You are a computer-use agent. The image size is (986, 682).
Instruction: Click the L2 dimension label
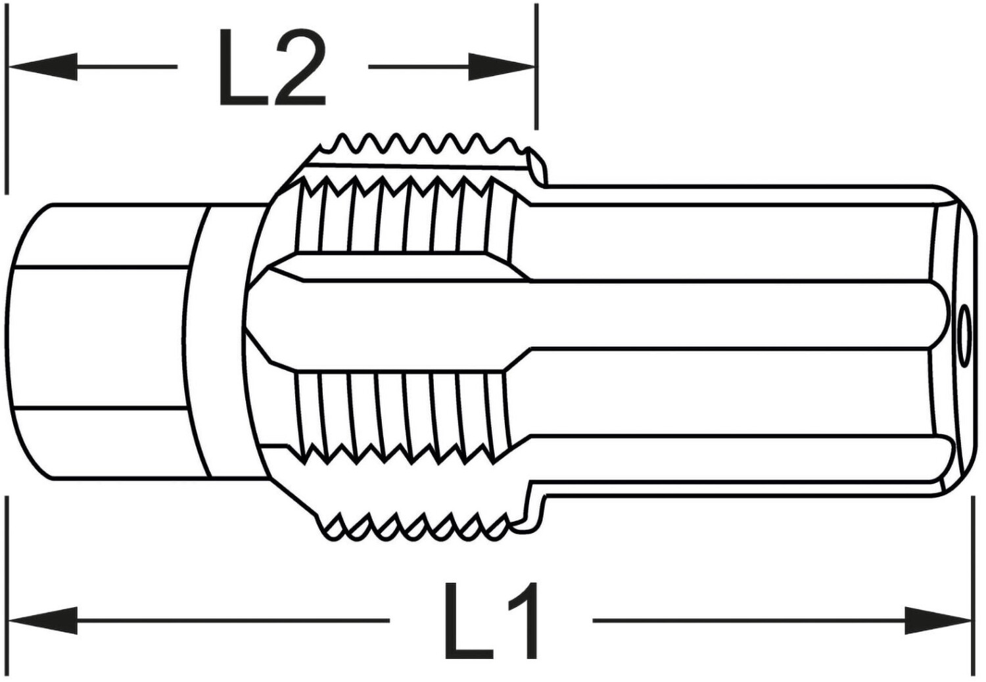tap(273, 67)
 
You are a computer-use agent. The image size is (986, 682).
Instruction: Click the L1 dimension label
tap(492, 620)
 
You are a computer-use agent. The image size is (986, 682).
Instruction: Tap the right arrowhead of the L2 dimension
tap(502, 67)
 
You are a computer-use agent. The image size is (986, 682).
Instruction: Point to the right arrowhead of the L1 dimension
tap(938, 620)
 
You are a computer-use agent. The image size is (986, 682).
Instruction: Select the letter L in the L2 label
tap(244, 67)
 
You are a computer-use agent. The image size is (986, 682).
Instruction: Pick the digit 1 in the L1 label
tap(523, 620)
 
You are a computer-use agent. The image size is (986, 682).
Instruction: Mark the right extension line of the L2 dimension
tap(536, 66)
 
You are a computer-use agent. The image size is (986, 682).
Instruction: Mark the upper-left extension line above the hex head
tap(6, 99)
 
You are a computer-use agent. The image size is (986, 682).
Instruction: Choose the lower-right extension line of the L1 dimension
tap(972, 585)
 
